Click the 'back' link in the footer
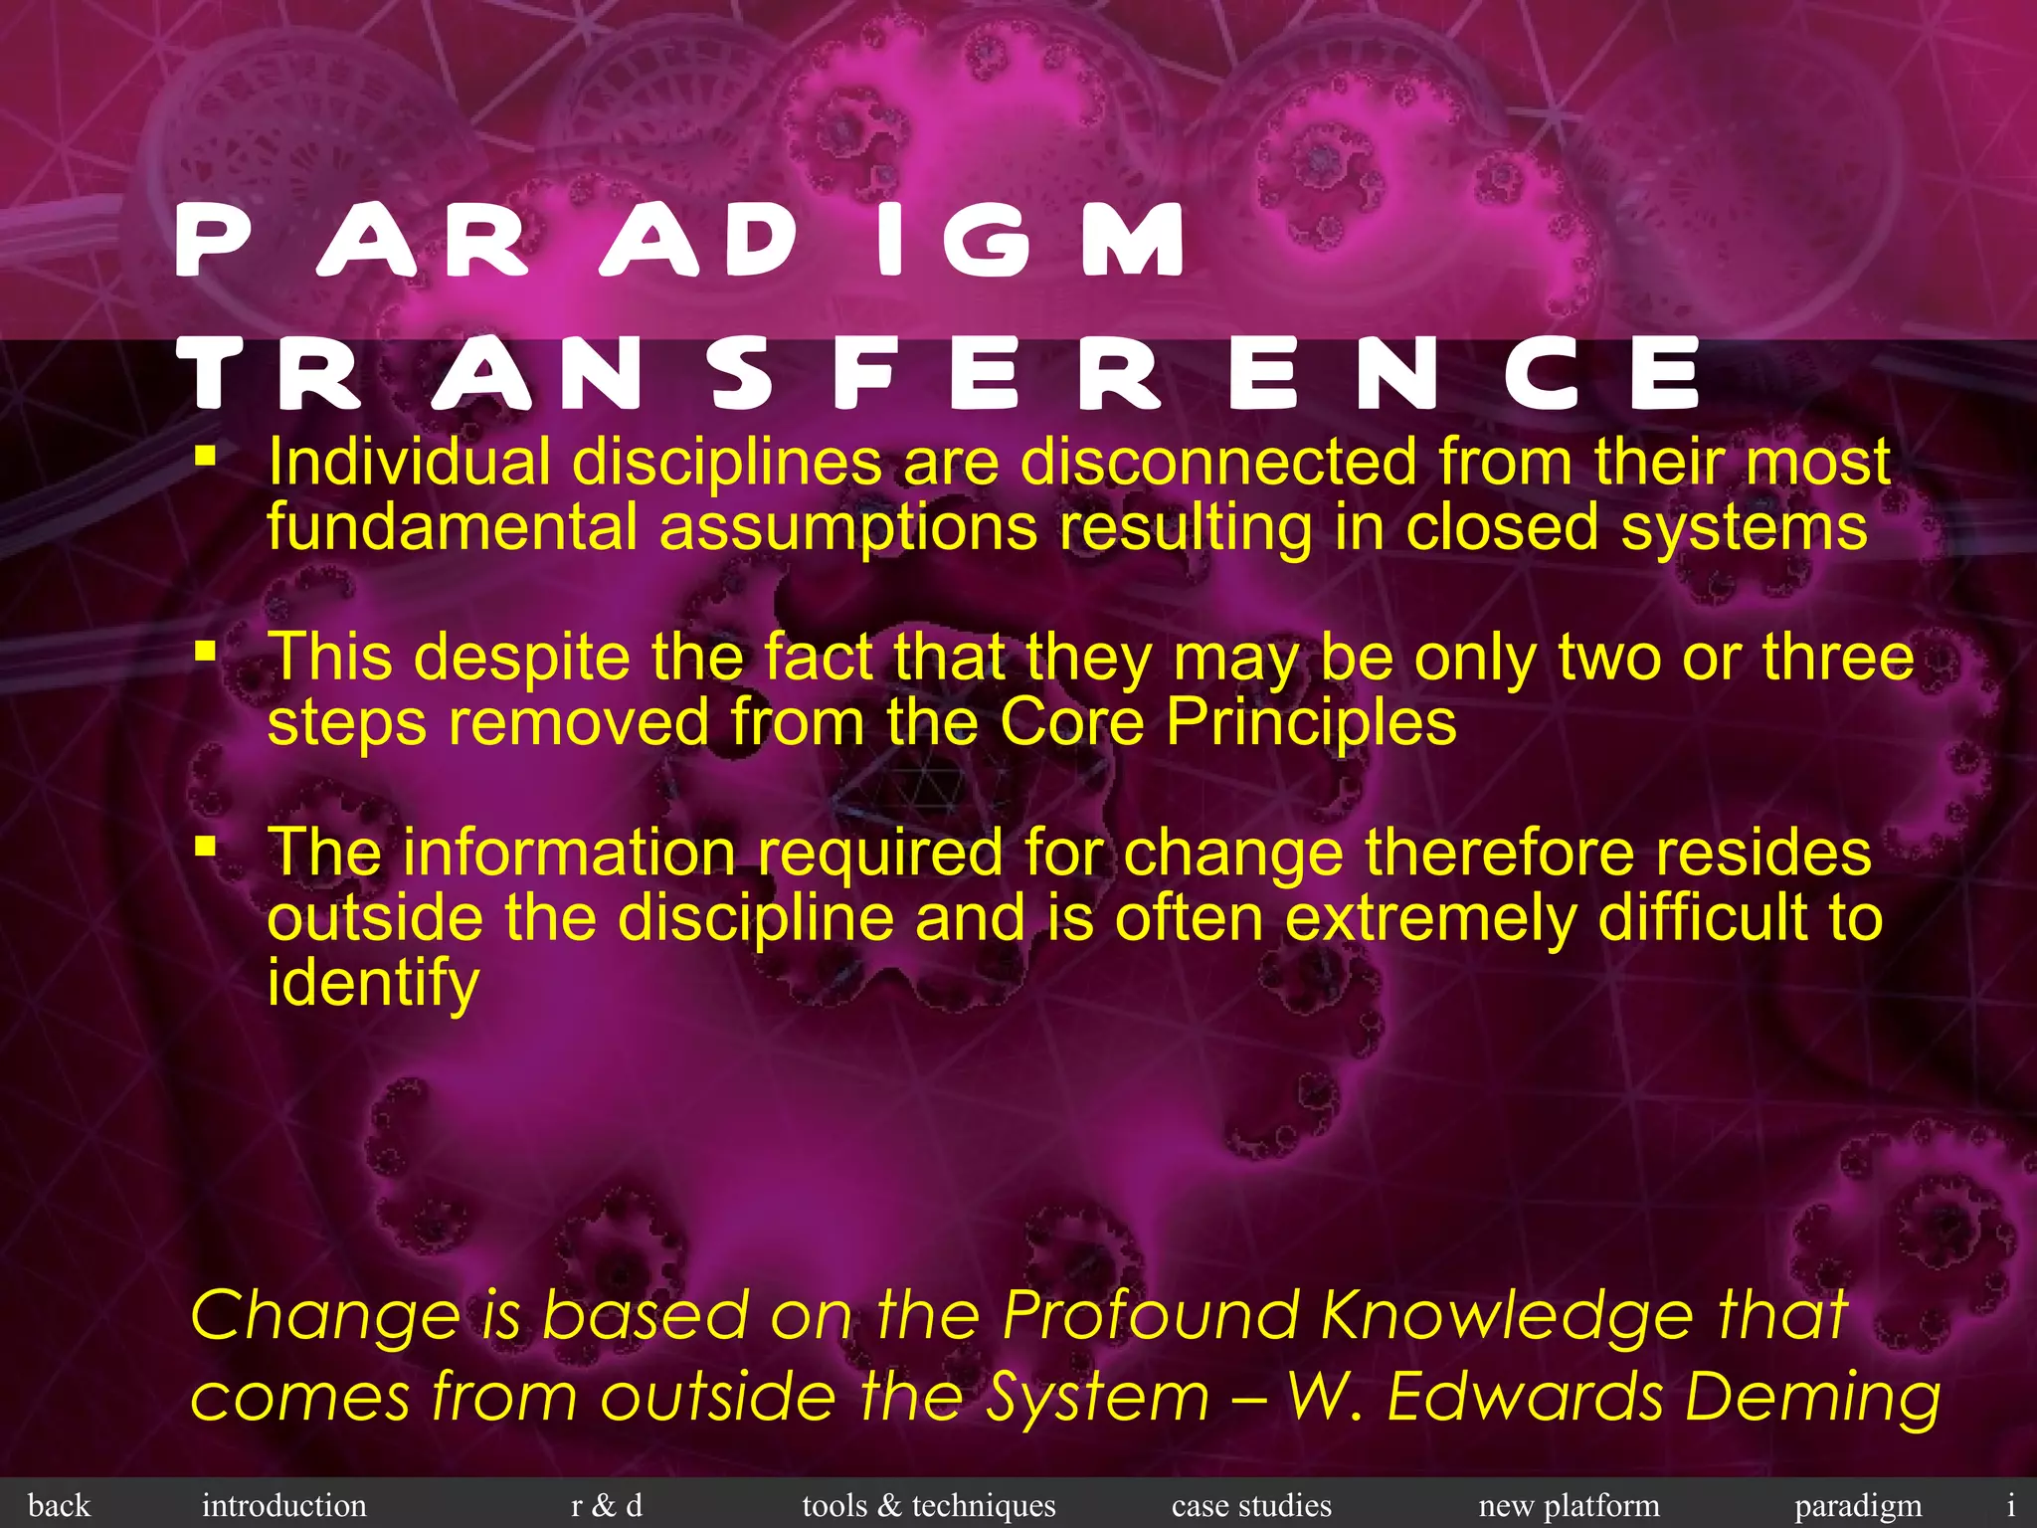[x=59, y=1505]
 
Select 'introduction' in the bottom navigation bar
[x=283, y=1505]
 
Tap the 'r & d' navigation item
[x=607, y=1505]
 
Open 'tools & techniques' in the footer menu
[x=928, y=1505]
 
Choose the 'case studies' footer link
[x=1251, y=1505]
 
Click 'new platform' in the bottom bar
[x=1569, y=1505]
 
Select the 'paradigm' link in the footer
[x=1858, y=1505]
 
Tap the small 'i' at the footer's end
[x=2010, y=1505]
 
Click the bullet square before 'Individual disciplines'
[x=206, y=457]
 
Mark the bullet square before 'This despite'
[x=206, y=652]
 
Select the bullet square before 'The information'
[x=206, y=847]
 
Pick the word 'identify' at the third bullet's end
[x=373, y=983]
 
